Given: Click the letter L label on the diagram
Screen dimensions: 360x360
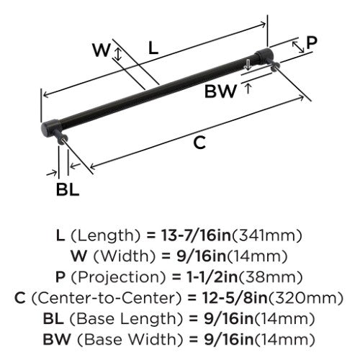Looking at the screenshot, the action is click(153, 48).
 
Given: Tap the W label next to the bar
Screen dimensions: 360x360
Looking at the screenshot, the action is click(102, 50).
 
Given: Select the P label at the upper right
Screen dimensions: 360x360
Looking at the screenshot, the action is click(312, 43).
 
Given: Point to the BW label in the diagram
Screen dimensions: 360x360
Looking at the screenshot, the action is click(220, 91).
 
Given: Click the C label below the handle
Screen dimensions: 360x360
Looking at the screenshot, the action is click(199, 143).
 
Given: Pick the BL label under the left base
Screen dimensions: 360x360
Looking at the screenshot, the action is click(68, 189).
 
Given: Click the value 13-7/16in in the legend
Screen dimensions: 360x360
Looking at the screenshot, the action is click(196, 235).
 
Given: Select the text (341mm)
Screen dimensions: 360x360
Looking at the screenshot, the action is click(266, 235).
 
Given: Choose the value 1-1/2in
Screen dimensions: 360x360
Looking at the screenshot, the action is click(209, 277).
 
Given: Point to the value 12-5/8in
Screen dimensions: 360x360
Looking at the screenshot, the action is click(235, 298).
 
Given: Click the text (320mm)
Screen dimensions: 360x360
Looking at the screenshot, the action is click(305, 298).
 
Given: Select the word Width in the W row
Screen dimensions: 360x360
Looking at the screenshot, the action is click(125, 256).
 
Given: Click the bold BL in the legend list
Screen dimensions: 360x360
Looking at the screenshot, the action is click(53, 319).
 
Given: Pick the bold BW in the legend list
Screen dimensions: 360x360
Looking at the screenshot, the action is click(57, 340).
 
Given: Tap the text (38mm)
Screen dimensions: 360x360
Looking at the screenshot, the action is click(270, 277).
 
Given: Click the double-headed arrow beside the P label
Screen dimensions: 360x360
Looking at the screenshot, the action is click(298, 47).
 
